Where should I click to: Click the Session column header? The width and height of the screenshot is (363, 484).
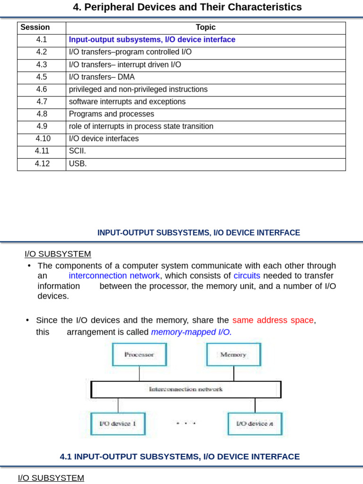35,27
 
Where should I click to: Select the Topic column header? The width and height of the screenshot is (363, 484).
206,27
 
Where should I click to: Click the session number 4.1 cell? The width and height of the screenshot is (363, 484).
42,40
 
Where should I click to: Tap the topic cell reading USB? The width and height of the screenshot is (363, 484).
78,164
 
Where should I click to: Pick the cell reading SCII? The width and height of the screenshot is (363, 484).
78,151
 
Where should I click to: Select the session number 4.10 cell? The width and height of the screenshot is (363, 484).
43,138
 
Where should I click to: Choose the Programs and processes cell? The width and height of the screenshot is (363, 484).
112,114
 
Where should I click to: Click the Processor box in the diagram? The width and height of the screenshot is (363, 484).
139,354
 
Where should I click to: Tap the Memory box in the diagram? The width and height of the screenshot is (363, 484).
233,354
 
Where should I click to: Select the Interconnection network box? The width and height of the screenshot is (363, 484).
186,389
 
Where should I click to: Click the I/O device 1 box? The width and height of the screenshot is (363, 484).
118,423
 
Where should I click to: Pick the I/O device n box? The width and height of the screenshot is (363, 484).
255,423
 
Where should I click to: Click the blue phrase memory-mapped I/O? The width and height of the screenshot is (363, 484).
191,332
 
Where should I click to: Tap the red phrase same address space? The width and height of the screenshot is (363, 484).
273,320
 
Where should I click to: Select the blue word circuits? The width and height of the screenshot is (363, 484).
247,276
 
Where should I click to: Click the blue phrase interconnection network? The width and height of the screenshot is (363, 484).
114,276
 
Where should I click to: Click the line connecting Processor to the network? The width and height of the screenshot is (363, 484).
139,373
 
